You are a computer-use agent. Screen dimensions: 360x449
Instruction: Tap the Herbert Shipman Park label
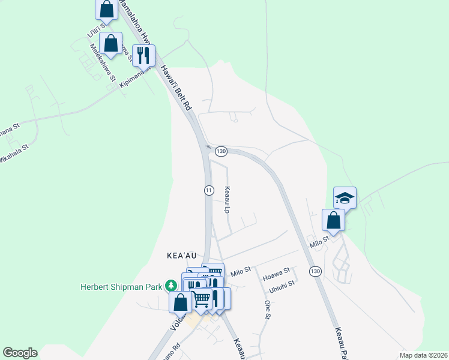click(122, 286)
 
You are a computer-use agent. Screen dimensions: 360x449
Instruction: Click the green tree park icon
click(172, 286)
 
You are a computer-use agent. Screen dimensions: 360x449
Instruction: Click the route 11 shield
click(208, 190)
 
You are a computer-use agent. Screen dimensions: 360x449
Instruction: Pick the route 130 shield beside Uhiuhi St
click(315, 272)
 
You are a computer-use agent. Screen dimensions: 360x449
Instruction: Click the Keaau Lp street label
click(228, 200)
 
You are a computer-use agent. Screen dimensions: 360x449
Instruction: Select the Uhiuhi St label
click(282, 284)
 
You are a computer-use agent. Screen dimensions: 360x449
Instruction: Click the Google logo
click(20, 353)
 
